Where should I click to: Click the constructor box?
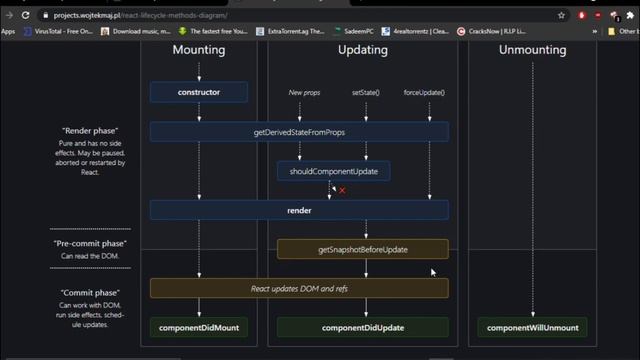click(199, 92)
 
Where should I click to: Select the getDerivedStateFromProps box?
click(299, 132)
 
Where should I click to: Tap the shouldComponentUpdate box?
click(333, 171)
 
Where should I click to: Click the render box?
click(299, 210)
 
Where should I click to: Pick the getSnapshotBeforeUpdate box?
click(363, 249)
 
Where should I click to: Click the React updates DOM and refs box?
click(299, 288)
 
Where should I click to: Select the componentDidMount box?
click(199, 327)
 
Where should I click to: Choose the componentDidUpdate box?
click(363, 327)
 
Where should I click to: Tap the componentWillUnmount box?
click(532, 327)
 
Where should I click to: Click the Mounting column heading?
click(199, 50)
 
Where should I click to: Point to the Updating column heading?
click(363, 50)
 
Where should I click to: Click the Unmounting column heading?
click(532, 50)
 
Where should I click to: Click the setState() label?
click(366, 92)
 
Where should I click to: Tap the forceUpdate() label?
click(425, 92)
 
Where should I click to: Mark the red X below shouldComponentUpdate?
click(342, 190)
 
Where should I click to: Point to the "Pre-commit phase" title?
click(90, 243)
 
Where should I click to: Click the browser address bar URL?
click(140, 16)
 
